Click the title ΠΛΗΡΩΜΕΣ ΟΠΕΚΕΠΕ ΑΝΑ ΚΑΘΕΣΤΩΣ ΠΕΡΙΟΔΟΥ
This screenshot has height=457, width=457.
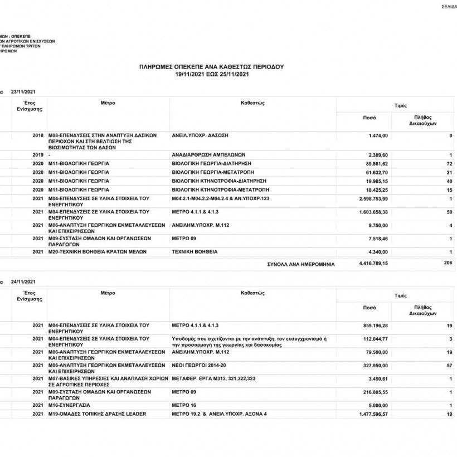point(211,66)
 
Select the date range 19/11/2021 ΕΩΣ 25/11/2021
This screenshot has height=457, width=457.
point(211,74)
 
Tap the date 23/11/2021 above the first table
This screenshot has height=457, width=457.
point(23,91)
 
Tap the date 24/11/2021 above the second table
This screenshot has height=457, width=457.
point(23,281)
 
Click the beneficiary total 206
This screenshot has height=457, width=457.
point(448,262)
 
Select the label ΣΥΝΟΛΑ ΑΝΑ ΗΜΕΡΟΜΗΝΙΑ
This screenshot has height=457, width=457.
point(301,264)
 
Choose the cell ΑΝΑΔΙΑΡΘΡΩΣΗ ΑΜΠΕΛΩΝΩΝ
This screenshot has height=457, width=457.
point(209,154)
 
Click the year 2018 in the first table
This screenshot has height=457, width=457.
point(38,135)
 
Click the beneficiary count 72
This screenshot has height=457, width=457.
point(449,163)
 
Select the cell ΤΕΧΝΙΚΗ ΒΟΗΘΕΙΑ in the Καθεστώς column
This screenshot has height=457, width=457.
point(195,252)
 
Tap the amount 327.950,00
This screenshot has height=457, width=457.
point(375,366)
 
